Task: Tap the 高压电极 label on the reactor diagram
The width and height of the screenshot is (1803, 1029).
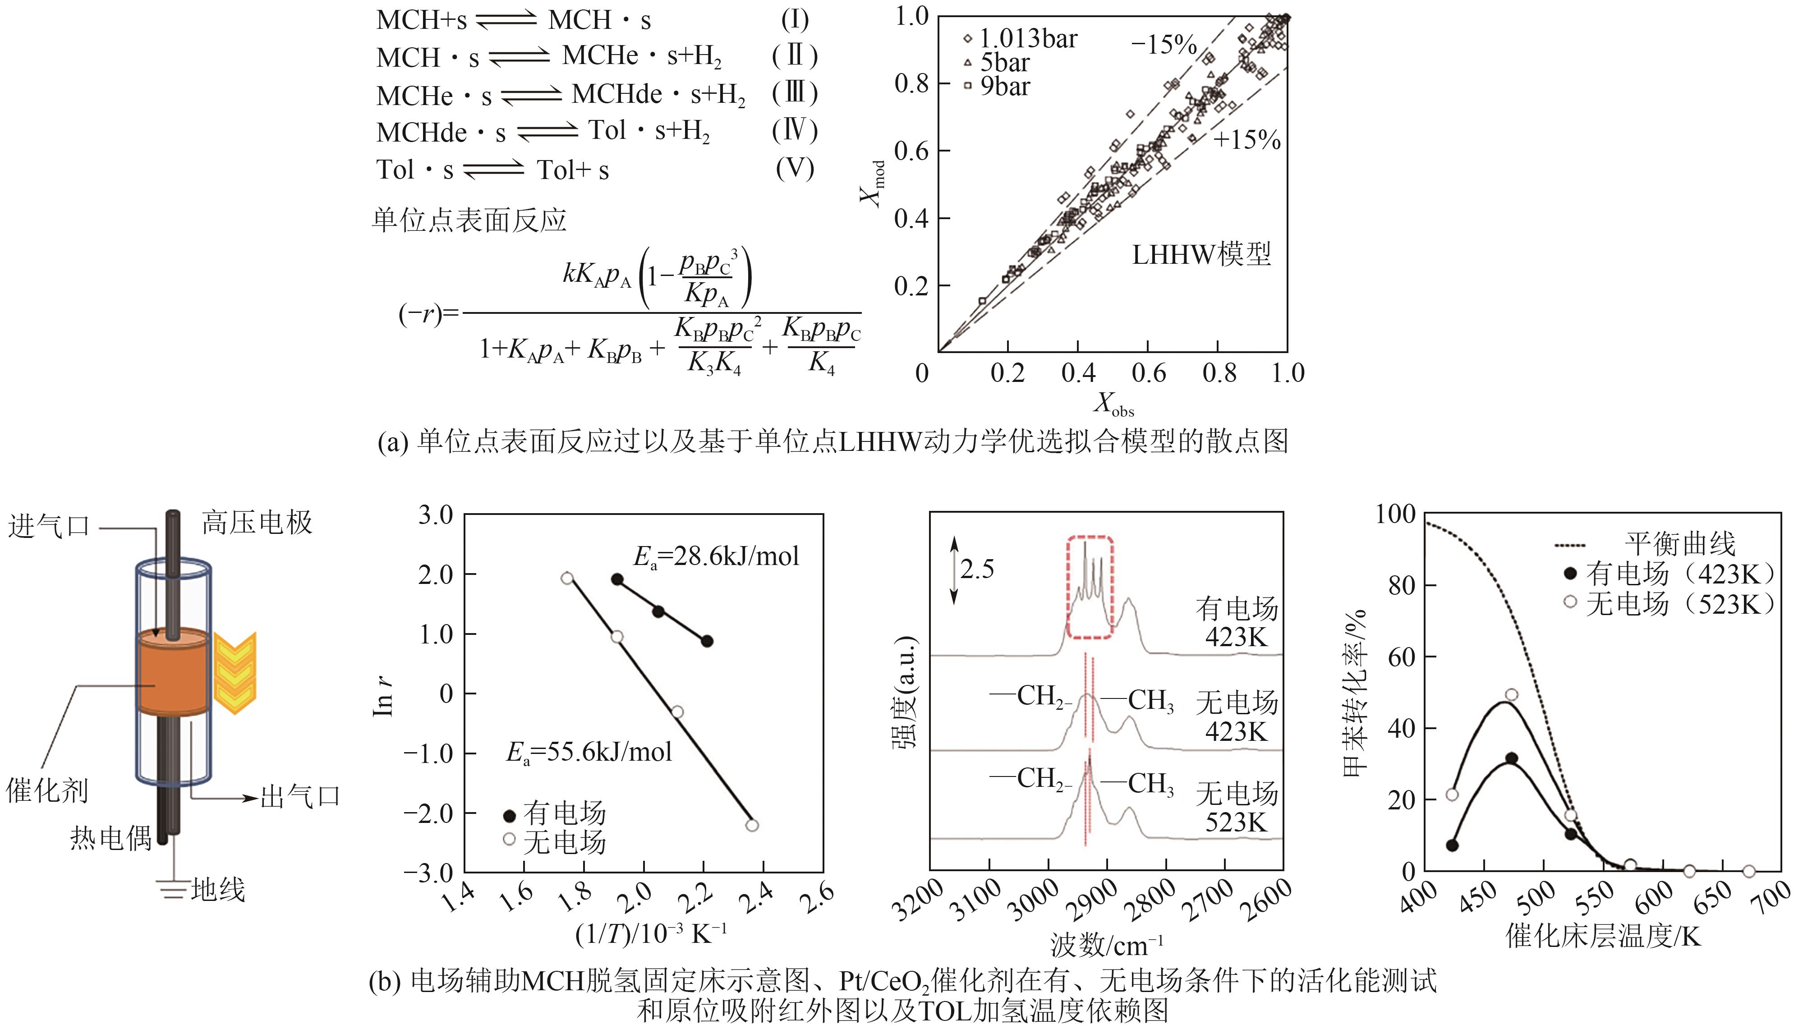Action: [x=257, y=523]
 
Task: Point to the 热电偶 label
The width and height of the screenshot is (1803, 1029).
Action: [x=111, y=837]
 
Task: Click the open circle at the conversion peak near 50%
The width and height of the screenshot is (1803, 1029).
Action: [x=1511, y=695]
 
